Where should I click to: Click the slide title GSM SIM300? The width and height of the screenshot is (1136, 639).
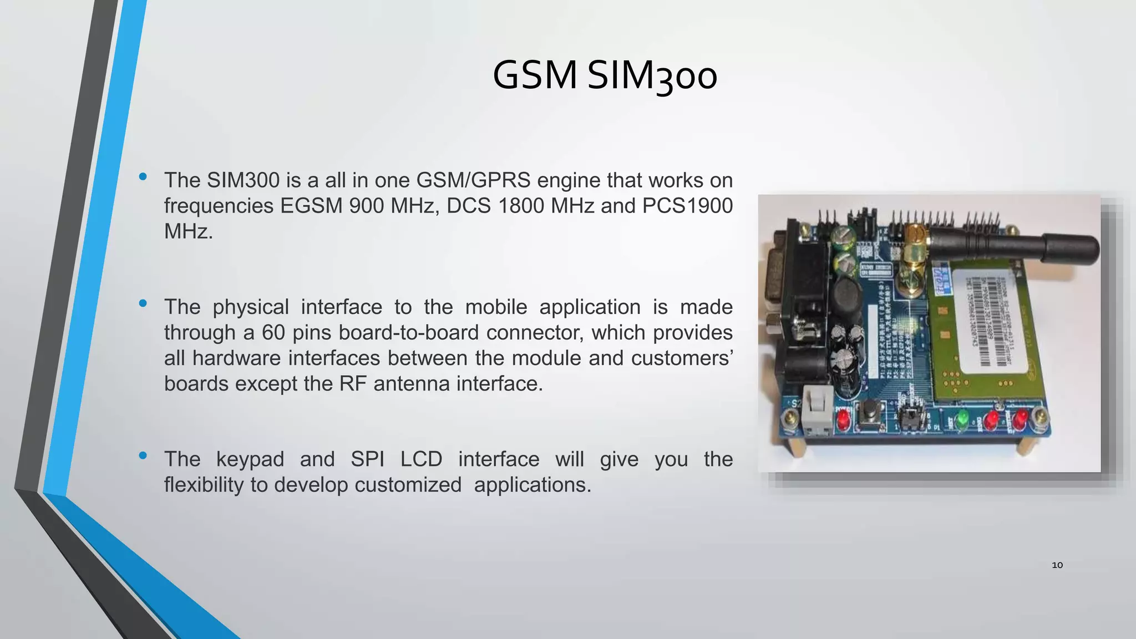(x=605, y=76)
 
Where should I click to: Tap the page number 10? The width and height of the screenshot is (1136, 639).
(x=1057, y=565)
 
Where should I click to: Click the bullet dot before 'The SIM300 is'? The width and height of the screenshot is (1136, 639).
(x=143, y=177)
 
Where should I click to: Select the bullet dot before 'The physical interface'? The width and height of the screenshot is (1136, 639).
(x=143, y=303)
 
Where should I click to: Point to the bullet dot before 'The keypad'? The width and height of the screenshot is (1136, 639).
(x=143, y=455)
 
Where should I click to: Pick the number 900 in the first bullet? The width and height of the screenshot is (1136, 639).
(x=367, y=206)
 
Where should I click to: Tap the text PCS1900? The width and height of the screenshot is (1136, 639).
(x=687, y=206)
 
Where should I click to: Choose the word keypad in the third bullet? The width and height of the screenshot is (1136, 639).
(x=250, y=459)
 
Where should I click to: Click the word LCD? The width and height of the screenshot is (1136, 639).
(x=421, y=459)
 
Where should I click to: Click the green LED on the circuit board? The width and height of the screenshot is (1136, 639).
(x=962, y=418)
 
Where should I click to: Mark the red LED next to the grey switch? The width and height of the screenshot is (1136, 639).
(x=843, y=420)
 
